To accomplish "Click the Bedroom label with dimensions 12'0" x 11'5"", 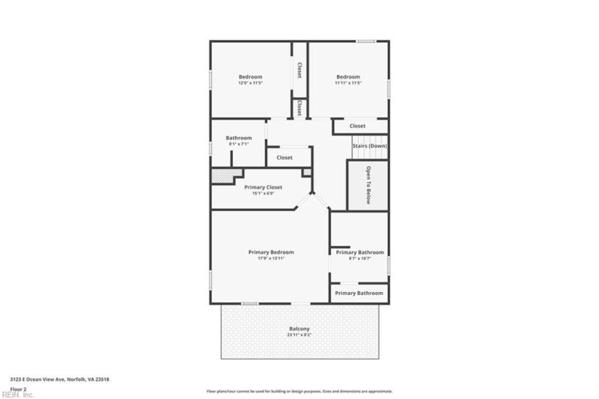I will click(250, 77).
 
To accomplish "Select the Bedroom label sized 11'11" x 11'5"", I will click(348, 77).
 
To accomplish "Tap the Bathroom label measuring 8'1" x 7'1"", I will click(239, 138).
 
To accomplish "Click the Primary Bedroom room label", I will click(271, 252).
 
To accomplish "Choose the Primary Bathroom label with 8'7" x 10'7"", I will click(359, 253).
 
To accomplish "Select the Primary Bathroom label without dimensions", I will click(359, 293).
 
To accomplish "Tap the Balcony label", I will click(299, 329).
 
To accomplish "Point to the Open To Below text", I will click(368, 184).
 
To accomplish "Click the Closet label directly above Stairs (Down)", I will click(358, 126).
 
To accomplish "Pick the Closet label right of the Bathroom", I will click(285, 158).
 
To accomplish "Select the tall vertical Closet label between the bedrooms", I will click(299, 70).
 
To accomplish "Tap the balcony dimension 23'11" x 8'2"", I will click(299, 335).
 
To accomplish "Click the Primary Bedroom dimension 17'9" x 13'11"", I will click(271, 259).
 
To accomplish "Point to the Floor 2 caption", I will click(17, 389).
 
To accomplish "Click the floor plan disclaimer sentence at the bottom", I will click(299, 392).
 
